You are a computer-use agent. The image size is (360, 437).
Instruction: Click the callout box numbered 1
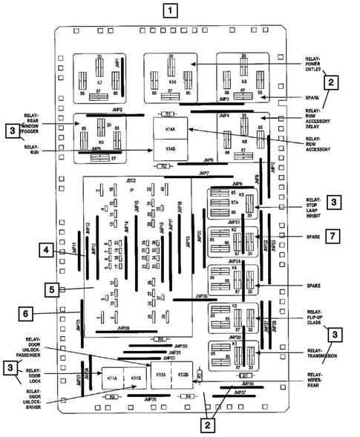[171, 11]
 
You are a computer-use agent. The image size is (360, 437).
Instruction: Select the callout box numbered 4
[46, 252]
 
